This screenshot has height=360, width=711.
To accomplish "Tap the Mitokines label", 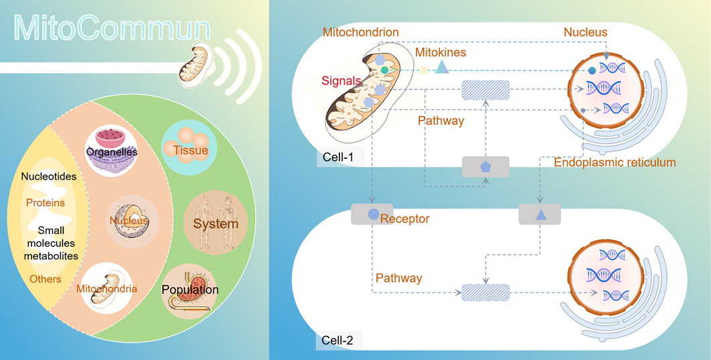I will [x=441, y=52].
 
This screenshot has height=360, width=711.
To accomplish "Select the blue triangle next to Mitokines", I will [x=441, y=67].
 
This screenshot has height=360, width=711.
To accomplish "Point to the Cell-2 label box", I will [x=338, y=340].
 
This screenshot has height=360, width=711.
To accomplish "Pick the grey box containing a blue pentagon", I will [x=486, y=166].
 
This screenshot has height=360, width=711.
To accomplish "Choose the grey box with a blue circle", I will [x=372, y=215].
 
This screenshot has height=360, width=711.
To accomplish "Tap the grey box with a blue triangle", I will [x=539, y=215].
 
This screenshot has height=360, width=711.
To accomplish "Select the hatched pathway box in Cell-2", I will [x=486, y=292].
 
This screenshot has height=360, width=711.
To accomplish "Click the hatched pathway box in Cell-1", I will [x=486, y=90].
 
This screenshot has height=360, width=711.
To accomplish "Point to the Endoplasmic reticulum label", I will [x=614, y=163].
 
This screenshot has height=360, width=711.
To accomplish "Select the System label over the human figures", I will [x=216, y=223].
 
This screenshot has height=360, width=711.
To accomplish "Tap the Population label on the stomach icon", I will [x=190, y=290].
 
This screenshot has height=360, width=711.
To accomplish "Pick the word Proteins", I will [x=46, y=202].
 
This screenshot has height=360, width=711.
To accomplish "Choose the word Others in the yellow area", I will [x=45, y=279].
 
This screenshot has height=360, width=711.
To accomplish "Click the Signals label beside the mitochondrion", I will [x=340, y=80].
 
